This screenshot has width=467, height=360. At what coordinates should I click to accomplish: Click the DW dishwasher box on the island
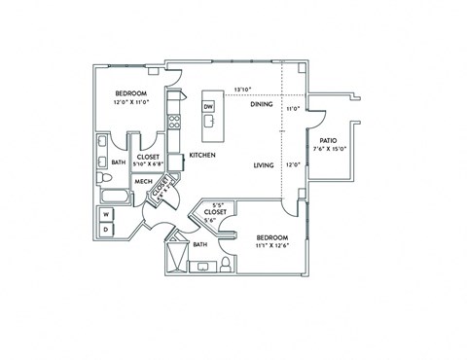pyautogui.click(x=208, y=104)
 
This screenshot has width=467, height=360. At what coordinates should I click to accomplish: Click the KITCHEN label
pyautogui.click(x=201, y=156)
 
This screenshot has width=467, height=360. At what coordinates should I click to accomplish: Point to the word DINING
pyautogui.click(x=261, y=104)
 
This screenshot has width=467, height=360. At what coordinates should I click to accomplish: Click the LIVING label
pyautogui.click(x=265, y=165)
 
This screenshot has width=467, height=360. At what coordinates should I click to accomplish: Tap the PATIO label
pyautogui.click(x=328, y=140)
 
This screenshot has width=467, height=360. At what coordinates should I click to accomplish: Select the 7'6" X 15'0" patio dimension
pyautogui.click(x=329, y=150)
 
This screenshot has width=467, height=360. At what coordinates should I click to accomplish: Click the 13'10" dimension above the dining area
pyautogui.click(x=243, y=90)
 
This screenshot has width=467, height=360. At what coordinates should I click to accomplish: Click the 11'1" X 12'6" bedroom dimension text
pyautogui.click(x=272, y=245)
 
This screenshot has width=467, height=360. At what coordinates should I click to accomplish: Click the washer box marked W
pyautogui.click(x=107, y=216)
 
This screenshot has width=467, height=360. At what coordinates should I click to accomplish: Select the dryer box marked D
pyautogui.click(x=107, y=230)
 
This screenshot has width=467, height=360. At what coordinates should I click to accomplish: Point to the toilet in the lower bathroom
pyautogui.click(x=225, y=263)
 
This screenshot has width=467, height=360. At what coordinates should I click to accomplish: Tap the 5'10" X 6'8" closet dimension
pyautogui.click(x=148, y=164)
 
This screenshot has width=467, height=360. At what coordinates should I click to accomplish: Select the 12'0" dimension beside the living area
pyautogui.click(x=292, y=164)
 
